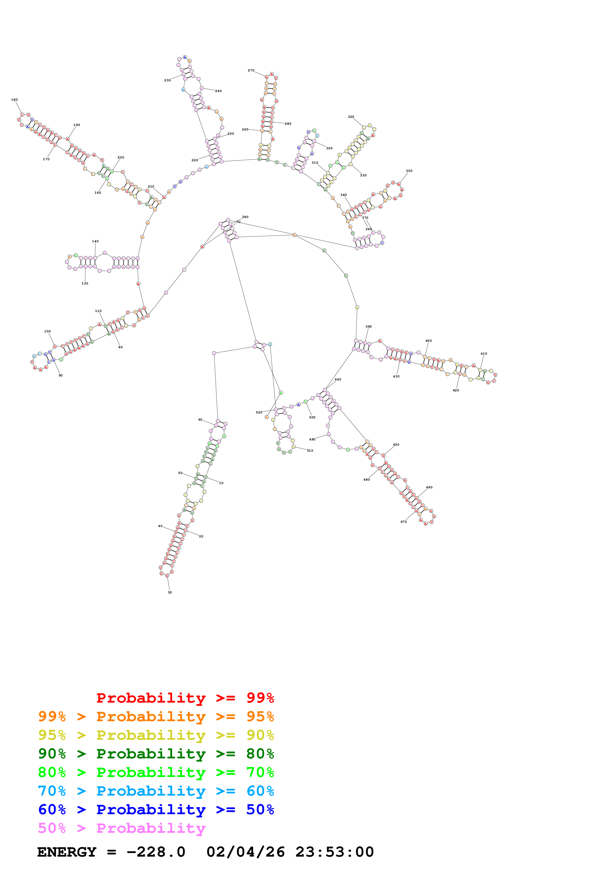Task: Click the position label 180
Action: tap(14, 100)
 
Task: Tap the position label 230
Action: tap(167, 80)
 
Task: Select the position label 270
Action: tap(251, 70)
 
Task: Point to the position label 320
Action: tap(351, 117)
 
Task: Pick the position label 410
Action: tap(484, 354)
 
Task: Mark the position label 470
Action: tap(404, 522)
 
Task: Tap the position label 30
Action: tap(170, 592)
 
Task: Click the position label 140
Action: tap(95, 241)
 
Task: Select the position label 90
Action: tap(61, 375)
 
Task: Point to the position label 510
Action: tap(310, 451)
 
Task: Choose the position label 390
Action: tap(369, 326)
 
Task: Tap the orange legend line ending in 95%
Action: tap(156, 716)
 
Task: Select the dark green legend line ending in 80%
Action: tap(156, 754)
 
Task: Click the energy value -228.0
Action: tap(156, 852)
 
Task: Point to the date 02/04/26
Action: tap(246, 852)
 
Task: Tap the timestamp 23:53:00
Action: tap(335, 852)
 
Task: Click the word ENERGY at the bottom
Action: tap(67, 852)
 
